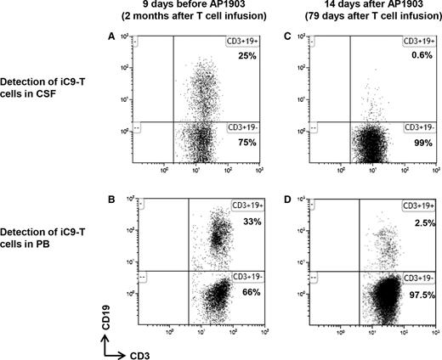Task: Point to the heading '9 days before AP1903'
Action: click(198, 8)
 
